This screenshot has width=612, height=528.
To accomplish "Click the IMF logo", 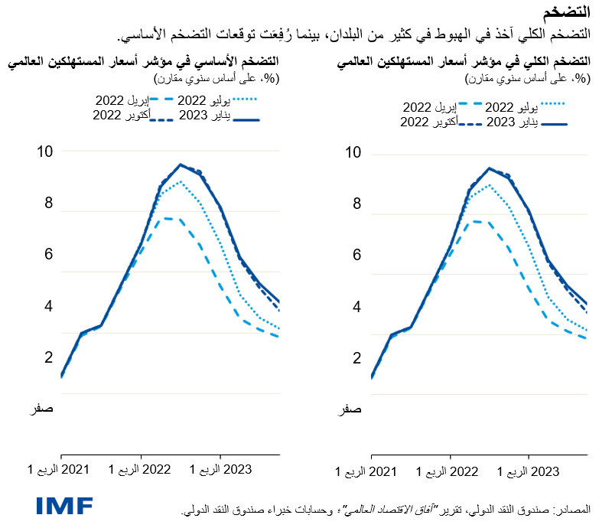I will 64,506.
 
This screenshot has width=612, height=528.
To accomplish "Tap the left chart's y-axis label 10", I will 47,152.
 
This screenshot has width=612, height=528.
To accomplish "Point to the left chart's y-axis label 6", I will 49,255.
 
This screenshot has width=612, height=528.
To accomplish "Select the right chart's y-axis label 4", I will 356,308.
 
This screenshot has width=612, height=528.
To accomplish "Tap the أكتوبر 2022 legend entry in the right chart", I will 428,122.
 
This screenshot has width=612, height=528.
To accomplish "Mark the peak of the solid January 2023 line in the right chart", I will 489,168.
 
